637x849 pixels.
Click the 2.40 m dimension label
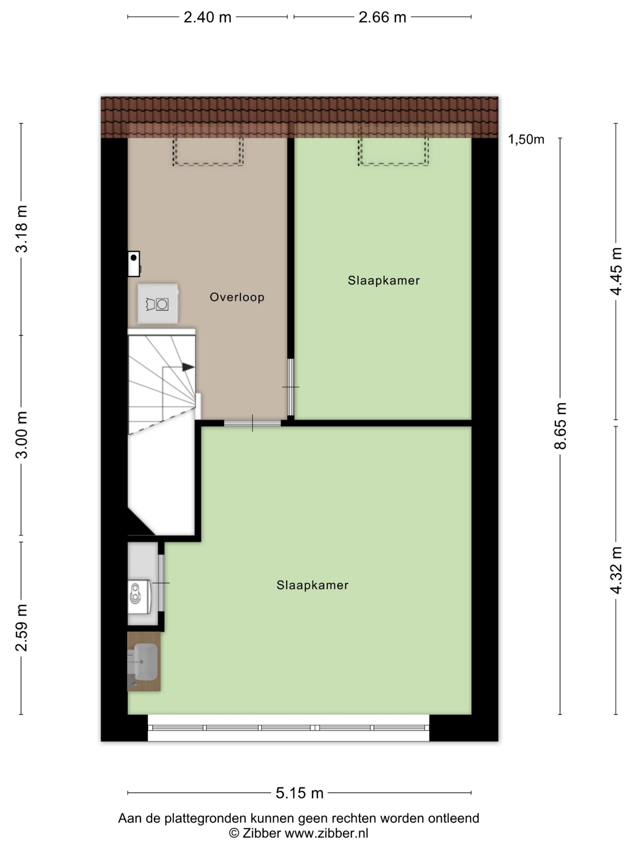(x=207, y=17)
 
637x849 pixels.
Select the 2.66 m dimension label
(x=382, y=17)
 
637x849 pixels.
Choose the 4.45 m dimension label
(x=616, y=271)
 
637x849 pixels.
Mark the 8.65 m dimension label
(x=561, y=425)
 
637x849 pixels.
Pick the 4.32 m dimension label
(x=616, y=570)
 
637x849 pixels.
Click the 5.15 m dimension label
(x=300, y=793)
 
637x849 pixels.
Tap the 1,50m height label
(x=526, y=140)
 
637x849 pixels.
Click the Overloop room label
(x=237, y=297)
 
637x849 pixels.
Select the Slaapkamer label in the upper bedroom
(x=384, y=281)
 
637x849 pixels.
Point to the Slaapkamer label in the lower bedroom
(x=313, y=585)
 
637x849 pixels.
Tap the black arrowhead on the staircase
(x=188, y=367)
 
